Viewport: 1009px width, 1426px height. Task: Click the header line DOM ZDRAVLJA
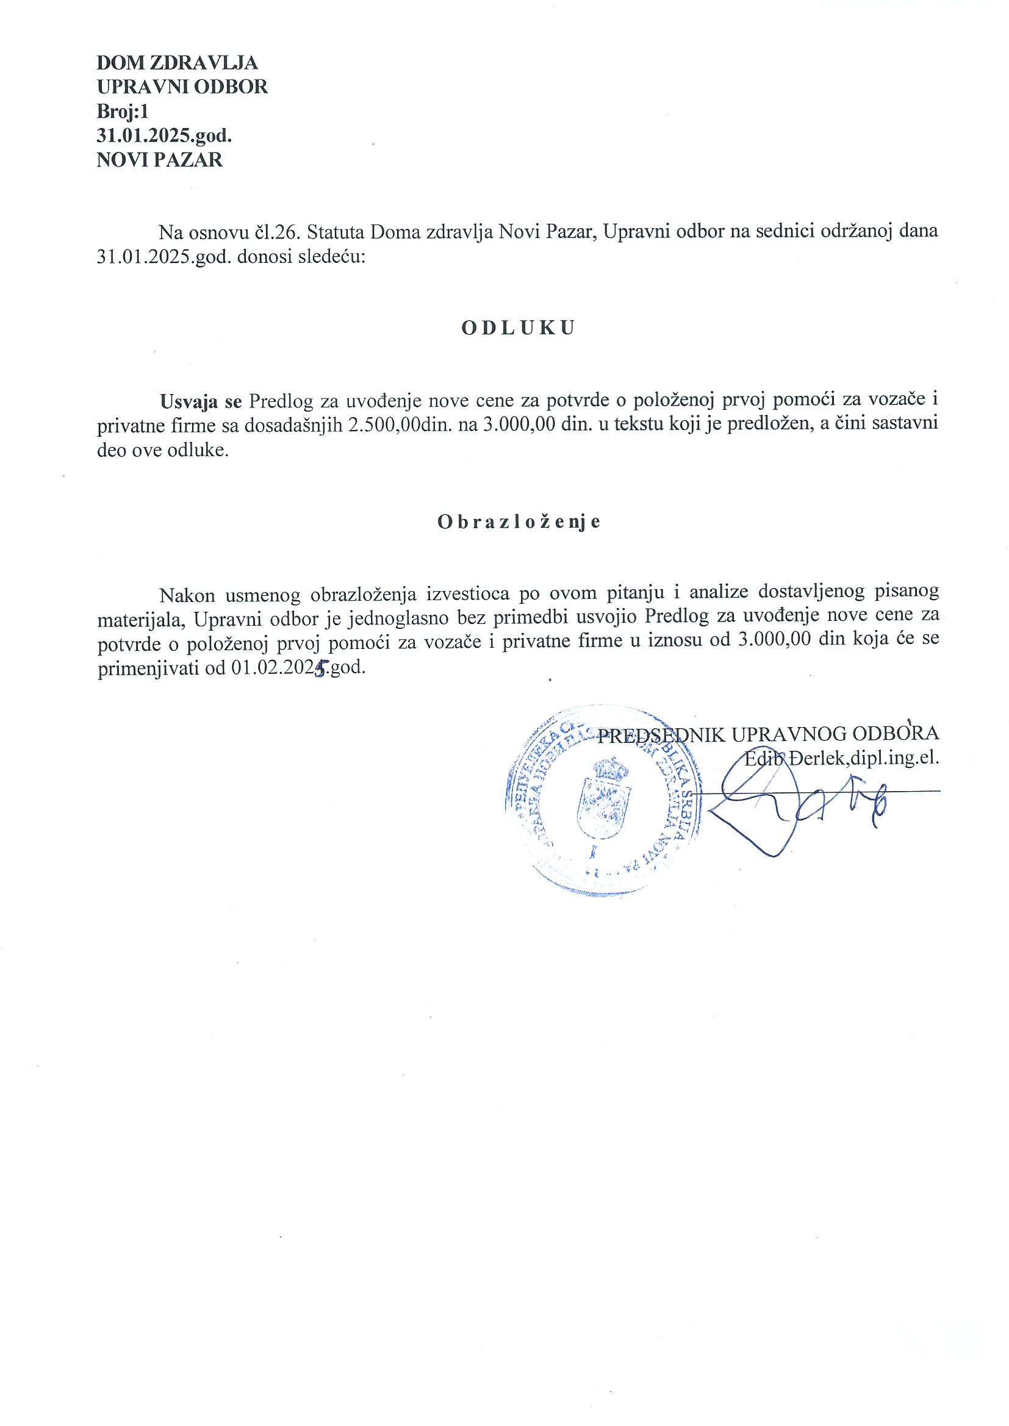[x=177, y=63]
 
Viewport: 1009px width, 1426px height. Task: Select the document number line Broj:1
[x=124, y=111]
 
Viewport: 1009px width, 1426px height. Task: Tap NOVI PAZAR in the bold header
[x=160, y=160]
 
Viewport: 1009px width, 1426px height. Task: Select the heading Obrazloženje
[x=519, y=521]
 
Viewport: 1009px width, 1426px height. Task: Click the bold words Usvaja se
[x=201, y=401]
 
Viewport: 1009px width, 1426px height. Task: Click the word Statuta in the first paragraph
[x=336, y=232]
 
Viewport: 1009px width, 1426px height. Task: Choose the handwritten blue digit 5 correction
[x=321, y=670]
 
